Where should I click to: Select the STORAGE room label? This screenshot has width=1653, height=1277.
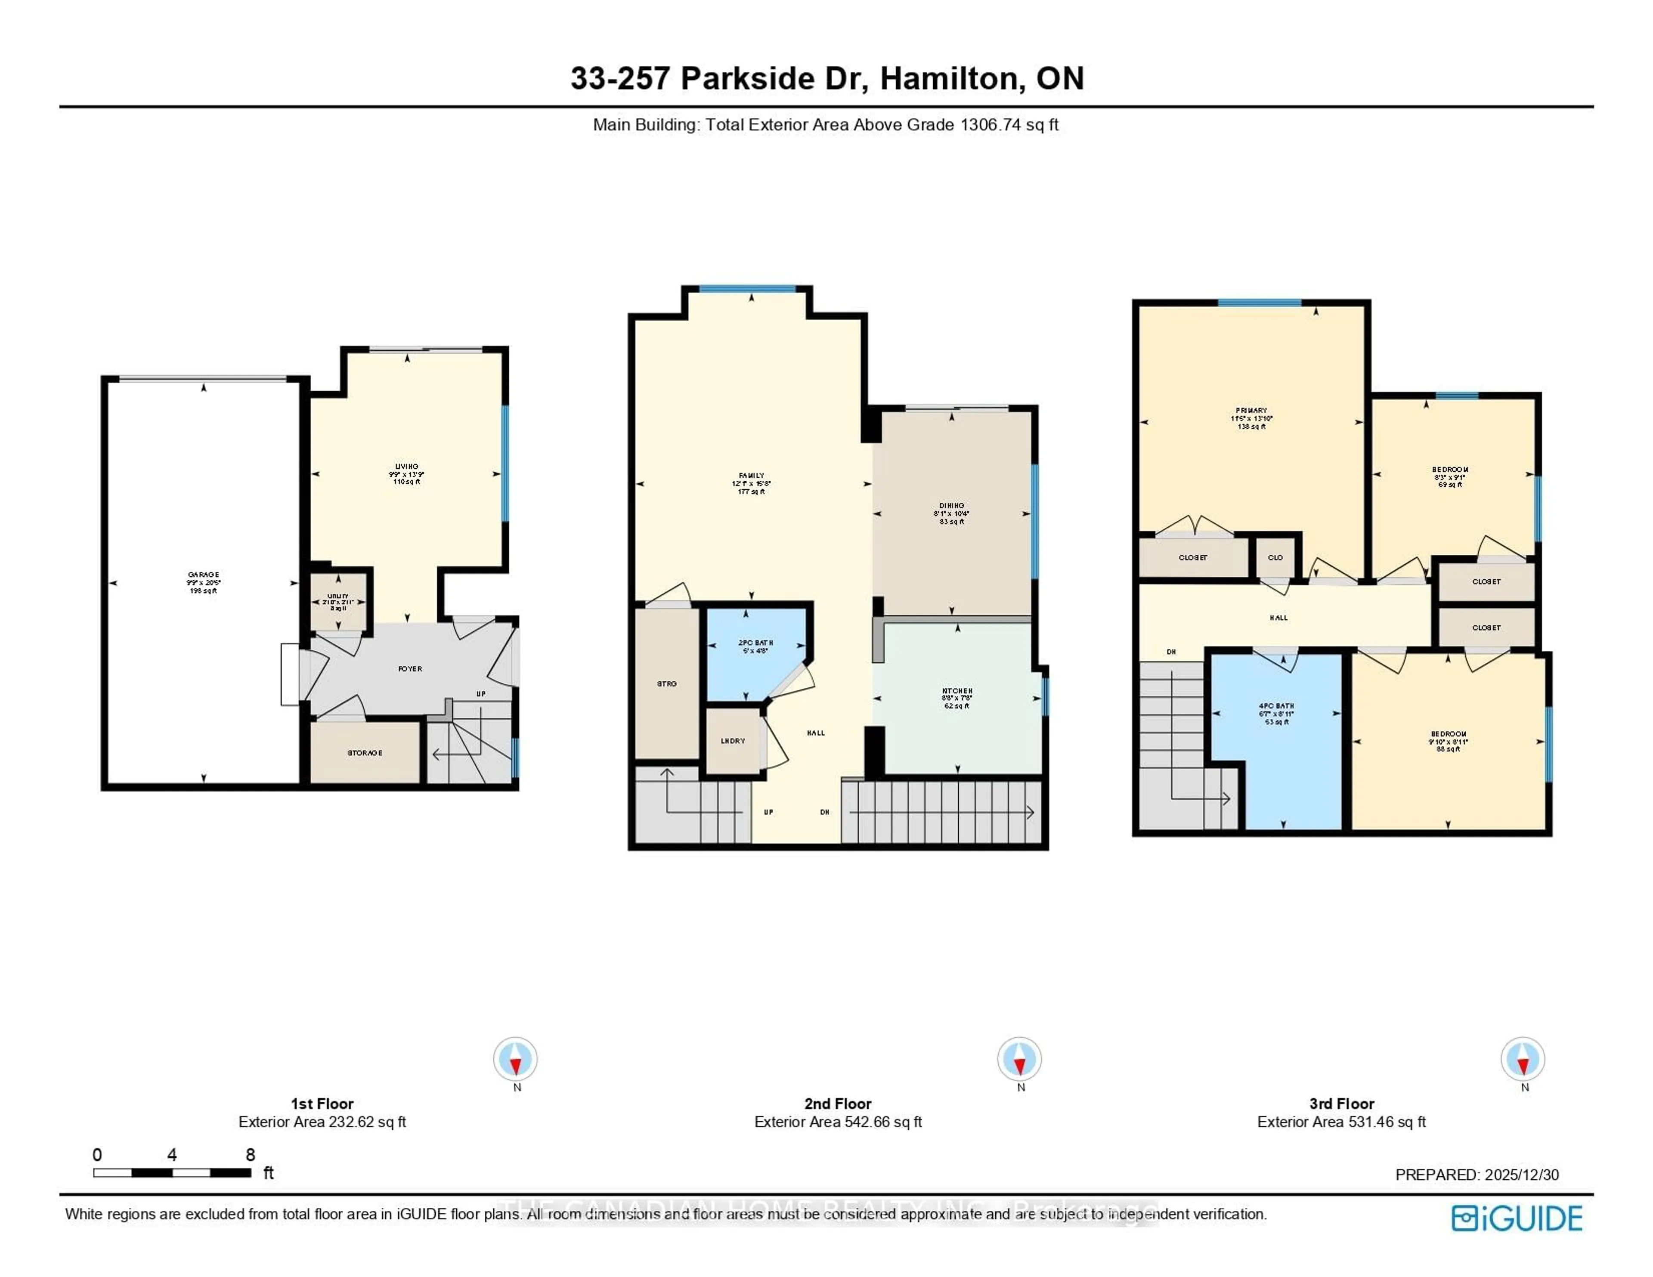coord(365,752)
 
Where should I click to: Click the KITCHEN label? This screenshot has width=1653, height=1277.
coord(957,691)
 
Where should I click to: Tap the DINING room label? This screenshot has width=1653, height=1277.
coord(951,506)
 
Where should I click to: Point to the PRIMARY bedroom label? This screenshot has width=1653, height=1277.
coord(1251,411)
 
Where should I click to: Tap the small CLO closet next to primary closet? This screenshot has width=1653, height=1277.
coord(1275,557)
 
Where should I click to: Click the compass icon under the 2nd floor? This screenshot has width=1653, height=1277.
coord(1019,1058)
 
